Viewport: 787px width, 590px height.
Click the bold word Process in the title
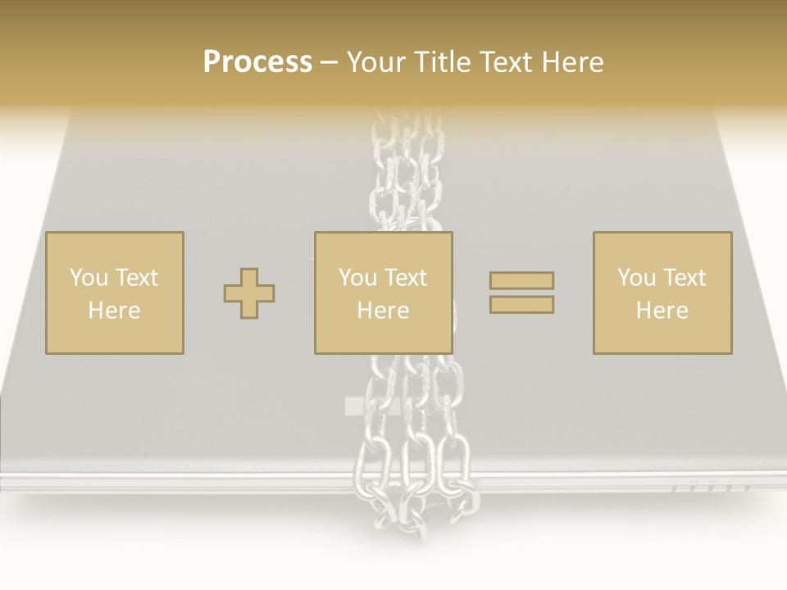pos(257,62)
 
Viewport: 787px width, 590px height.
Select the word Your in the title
pos(376,62)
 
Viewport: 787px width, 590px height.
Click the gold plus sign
pos(249,293)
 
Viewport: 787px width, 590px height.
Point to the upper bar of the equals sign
pos(521,280)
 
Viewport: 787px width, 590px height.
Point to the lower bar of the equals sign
pos(521,305)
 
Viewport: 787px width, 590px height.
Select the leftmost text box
pos(115,293)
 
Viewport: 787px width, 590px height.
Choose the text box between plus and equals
pos(384,293)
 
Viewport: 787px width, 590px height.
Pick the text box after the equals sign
pos(662,293)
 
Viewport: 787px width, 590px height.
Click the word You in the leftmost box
pos(89,277)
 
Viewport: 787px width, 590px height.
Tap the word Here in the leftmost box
pos(115,311)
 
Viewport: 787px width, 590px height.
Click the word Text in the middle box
pos(405,277)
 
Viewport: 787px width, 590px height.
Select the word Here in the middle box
pos(384,311)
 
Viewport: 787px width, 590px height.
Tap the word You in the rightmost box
pos(636,277)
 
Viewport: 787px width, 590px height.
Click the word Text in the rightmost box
pos(684,277)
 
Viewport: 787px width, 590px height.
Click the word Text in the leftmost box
pos(136,277)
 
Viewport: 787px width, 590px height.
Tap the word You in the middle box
pos(357,277)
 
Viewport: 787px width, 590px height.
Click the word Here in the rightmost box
pos(662,311)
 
